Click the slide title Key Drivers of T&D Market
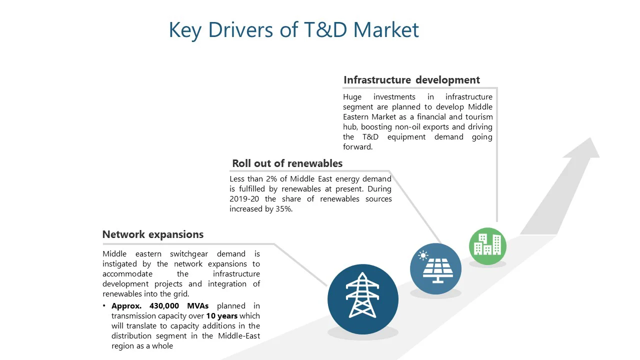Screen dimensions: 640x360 point(293,30)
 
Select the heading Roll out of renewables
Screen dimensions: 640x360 point(287,163)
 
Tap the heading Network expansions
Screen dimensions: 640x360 point(153,234)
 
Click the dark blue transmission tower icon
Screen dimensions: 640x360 point(363,299)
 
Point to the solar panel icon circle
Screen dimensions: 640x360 point(435,268)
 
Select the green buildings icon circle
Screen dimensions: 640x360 point(487,246)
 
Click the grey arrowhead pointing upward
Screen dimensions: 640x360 point(583,148)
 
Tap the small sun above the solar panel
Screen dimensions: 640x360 point(423,255)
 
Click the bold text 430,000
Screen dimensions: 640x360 point(164,306)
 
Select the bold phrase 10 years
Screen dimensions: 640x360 point(221,316)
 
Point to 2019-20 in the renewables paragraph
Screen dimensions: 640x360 point(244,199)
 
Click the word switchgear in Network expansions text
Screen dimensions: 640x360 point(189,254)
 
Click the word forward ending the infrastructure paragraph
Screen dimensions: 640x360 point(357,147)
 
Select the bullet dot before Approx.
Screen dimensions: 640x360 point(104,305)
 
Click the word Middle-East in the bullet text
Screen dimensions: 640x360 point(239,335)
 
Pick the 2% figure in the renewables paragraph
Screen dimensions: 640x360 point(271,179)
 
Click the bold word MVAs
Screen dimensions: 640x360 point(197,306)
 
